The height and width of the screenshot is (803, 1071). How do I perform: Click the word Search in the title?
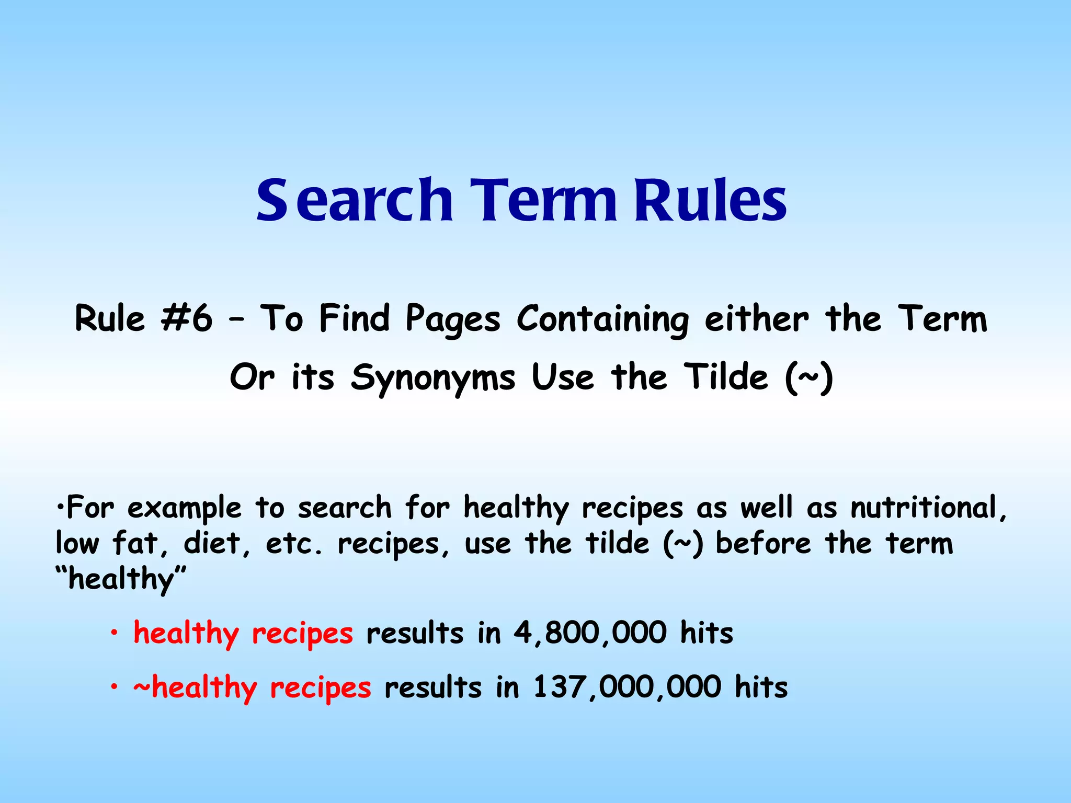pos(354,201)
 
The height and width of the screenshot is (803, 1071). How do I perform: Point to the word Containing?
pos(602,319)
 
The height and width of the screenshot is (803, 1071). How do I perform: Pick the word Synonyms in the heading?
pos(433,377)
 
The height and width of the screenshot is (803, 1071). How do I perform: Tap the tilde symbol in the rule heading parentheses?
pos(808,377)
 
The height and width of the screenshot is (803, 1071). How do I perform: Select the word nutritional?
pos(924,508)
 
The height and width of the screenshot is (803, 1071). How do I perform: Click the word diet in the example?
pos(212,543)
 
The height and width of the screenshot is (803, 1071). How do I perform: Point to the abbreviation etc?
pos(293,544)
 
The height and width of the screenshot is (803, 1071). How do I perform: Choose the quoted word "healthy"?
pos(121,579)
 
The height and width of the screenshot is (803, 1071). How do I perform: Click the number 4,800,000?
pos(590,633)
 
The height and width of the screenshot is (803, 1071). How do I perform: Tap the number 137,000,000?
pos(627,687)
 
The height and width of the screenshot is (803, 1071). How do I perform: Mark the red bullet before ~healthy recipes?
pos(113,688)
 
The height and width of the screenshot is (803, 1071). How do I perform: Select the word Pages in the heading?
pos(453,319)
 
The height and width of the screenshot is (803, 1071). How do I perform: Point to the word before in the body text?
pos(763,543)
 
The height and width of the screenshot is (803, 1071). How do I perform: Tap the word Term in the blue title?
pos(544,201)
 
